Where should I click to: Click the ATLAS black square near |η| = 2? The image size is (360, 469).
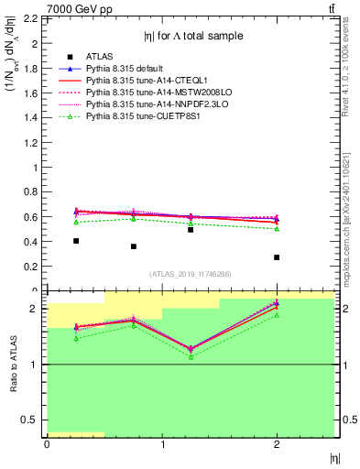point(277,257)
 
